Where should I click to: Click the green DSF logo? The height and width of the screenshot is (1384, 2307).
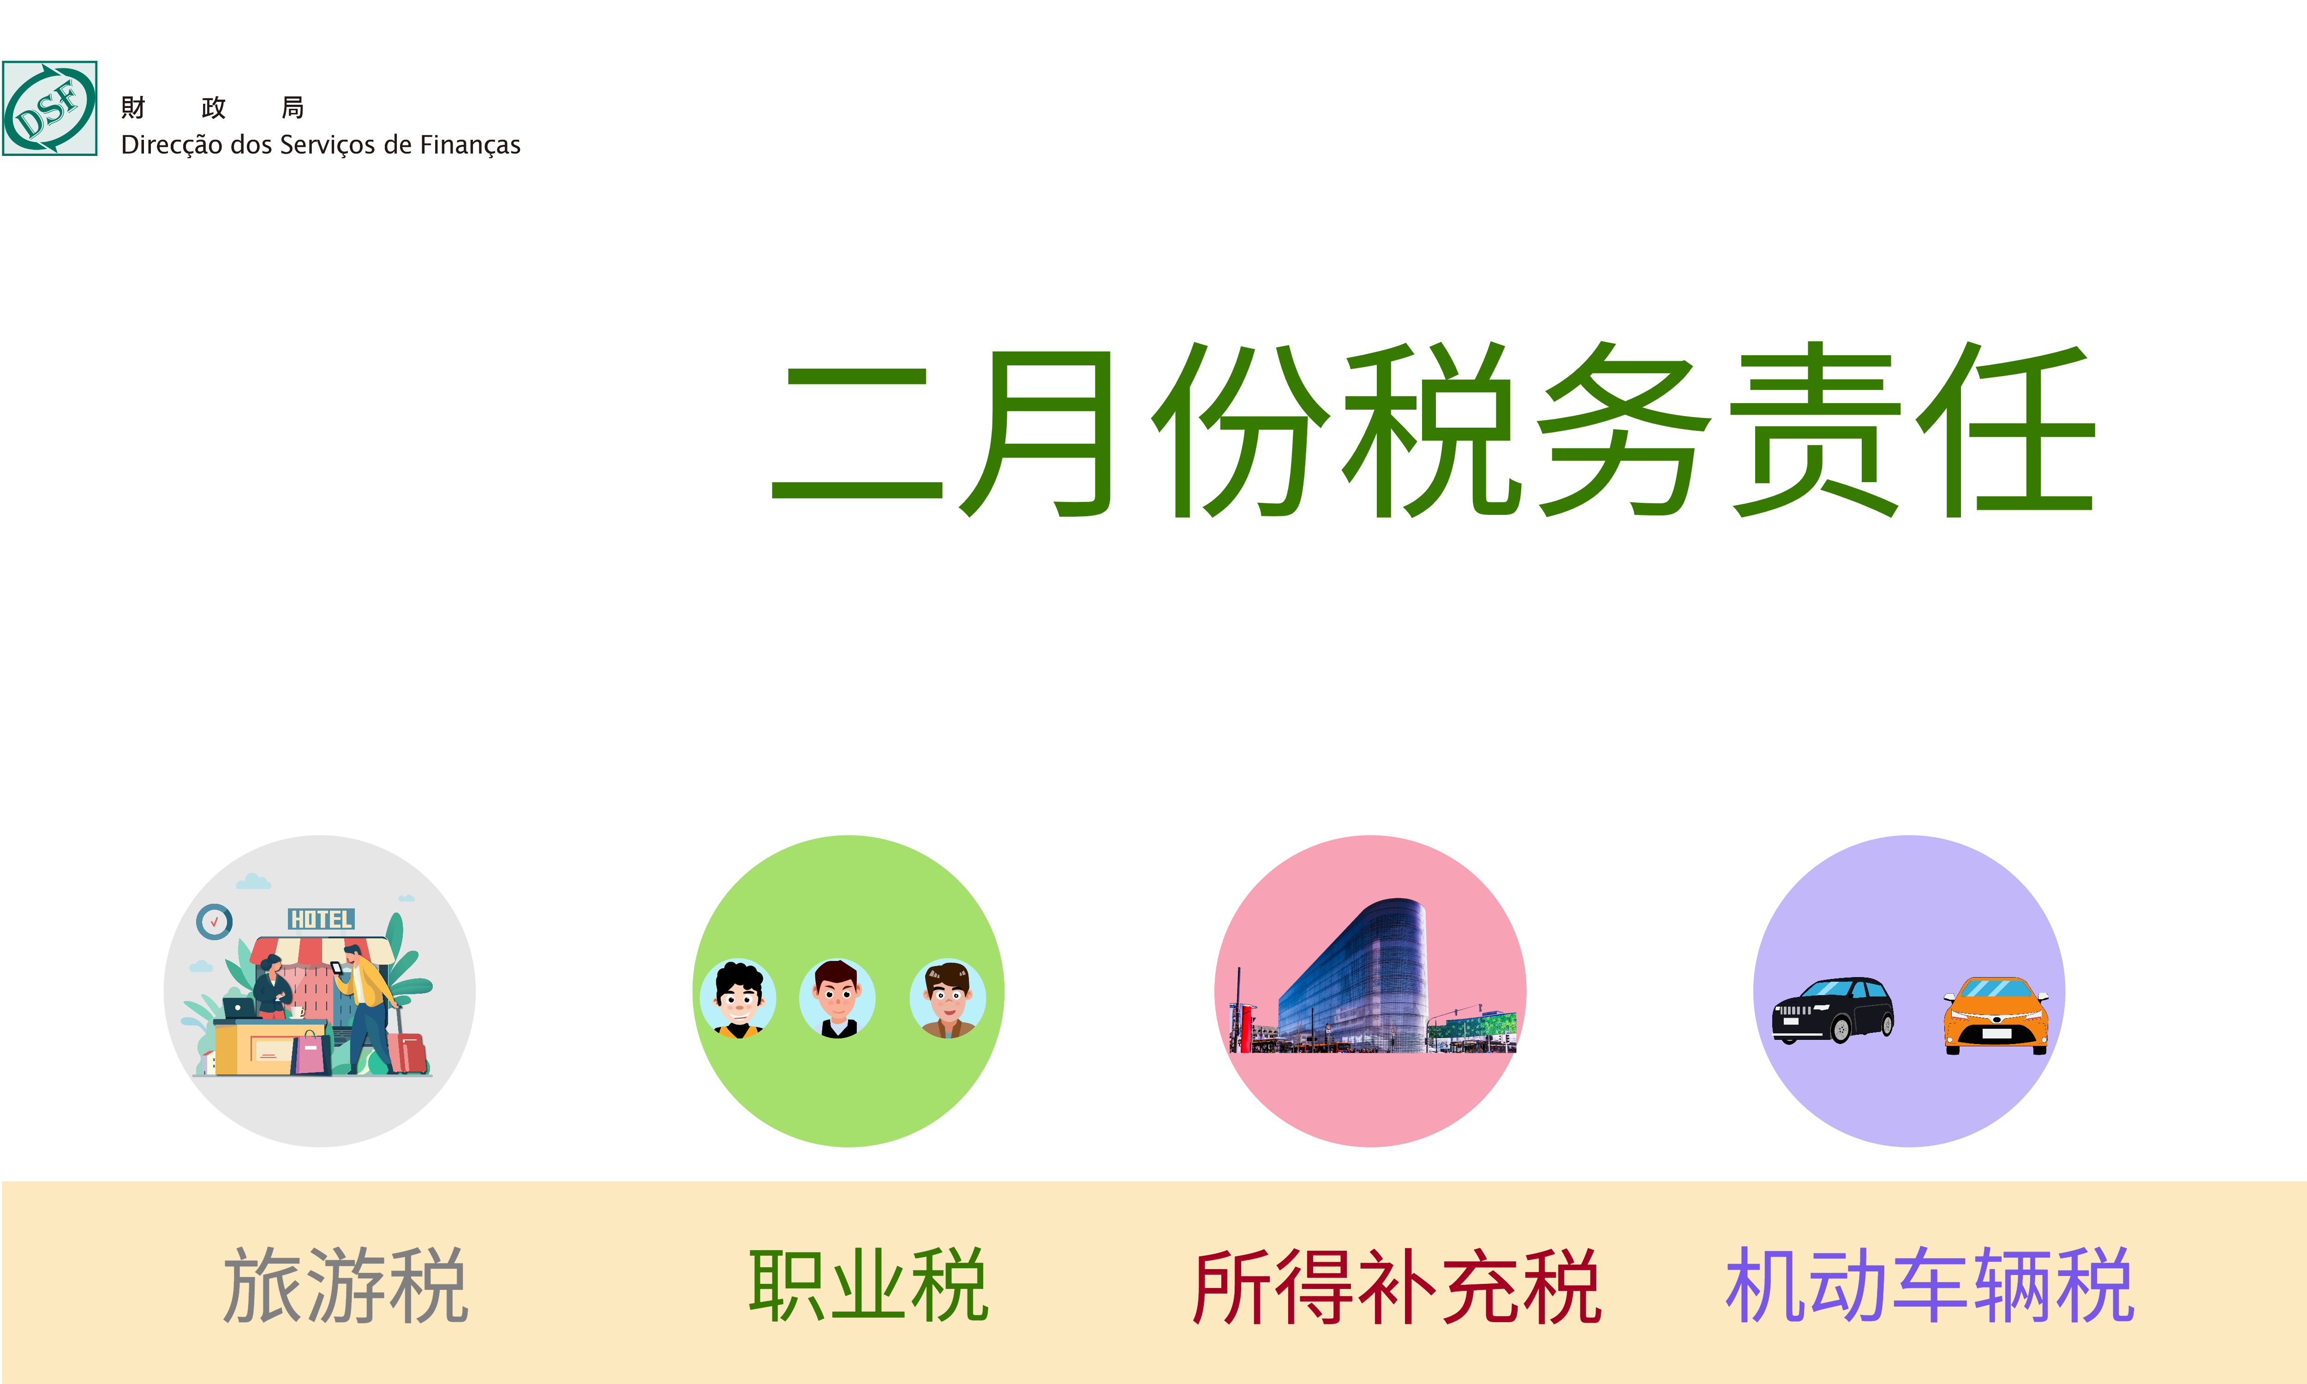49,108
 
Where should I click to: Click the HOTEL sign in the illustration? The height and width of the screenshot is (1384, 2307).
321,919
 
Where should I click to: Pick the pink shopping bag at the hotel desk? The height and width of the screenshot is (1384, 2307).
311,1054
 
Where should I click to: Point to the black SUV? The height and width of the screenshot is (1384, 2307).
1832,1010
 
